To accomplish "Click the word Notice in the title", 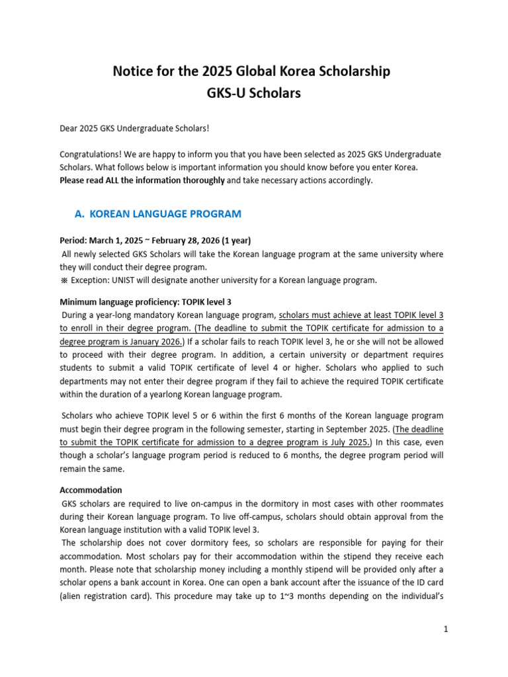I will (136, 71).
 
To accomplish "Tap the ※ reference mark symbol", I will (63, 280).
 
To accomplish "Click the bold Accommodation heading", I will (91, 490).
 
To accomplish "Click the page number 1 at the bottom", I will (446, 629).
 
